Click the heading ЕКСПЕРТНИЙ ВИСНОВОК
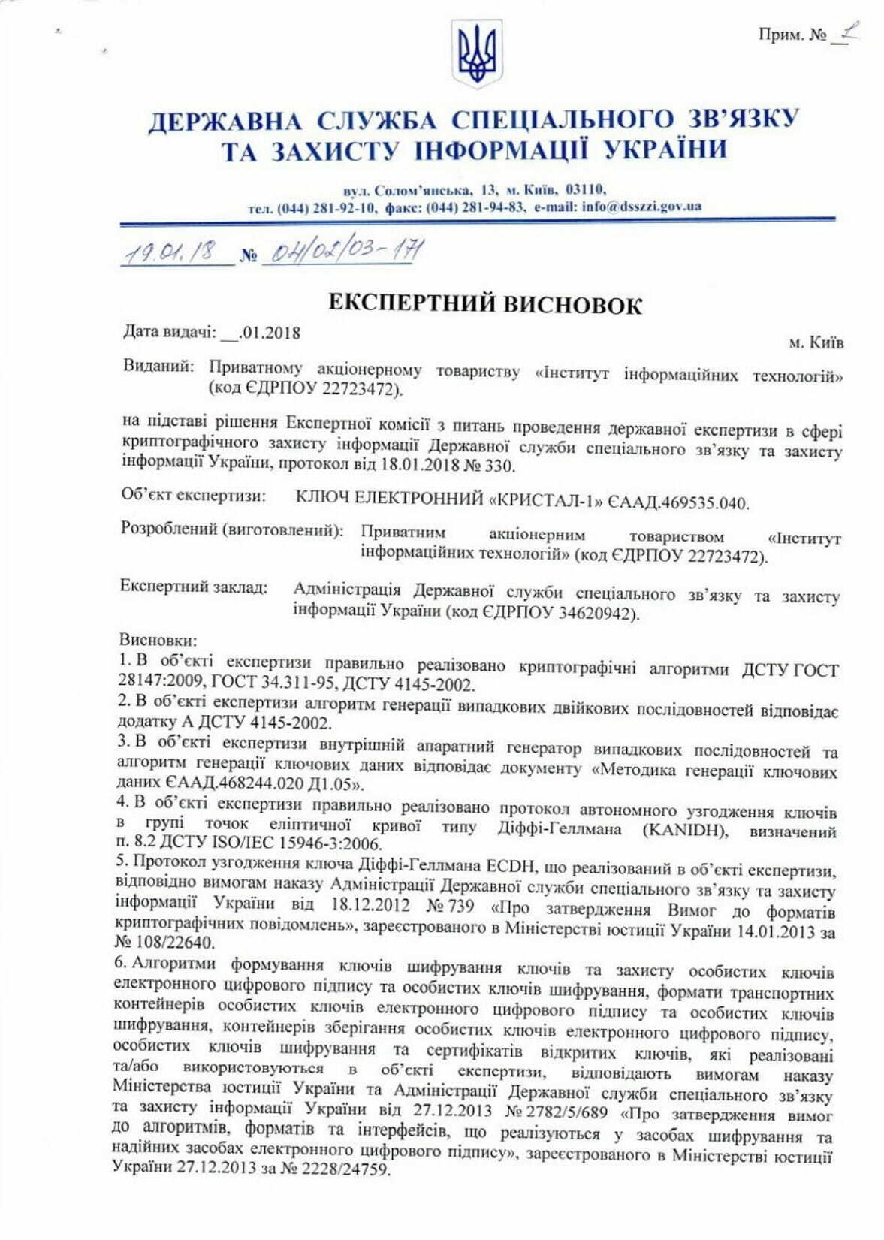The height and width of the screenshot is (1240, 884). click(x=486, y=304)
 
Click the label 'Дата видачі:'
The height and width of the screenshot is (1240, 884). click(x=170, y=332)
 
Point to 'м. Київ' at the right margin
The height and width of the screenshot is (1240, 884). click(x=816, y=342)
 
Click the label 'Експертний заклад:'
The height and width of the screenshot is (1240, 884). click(x=194, y=587)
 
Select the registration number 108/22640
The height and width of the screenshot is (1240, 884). click(x=165, y=942)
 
